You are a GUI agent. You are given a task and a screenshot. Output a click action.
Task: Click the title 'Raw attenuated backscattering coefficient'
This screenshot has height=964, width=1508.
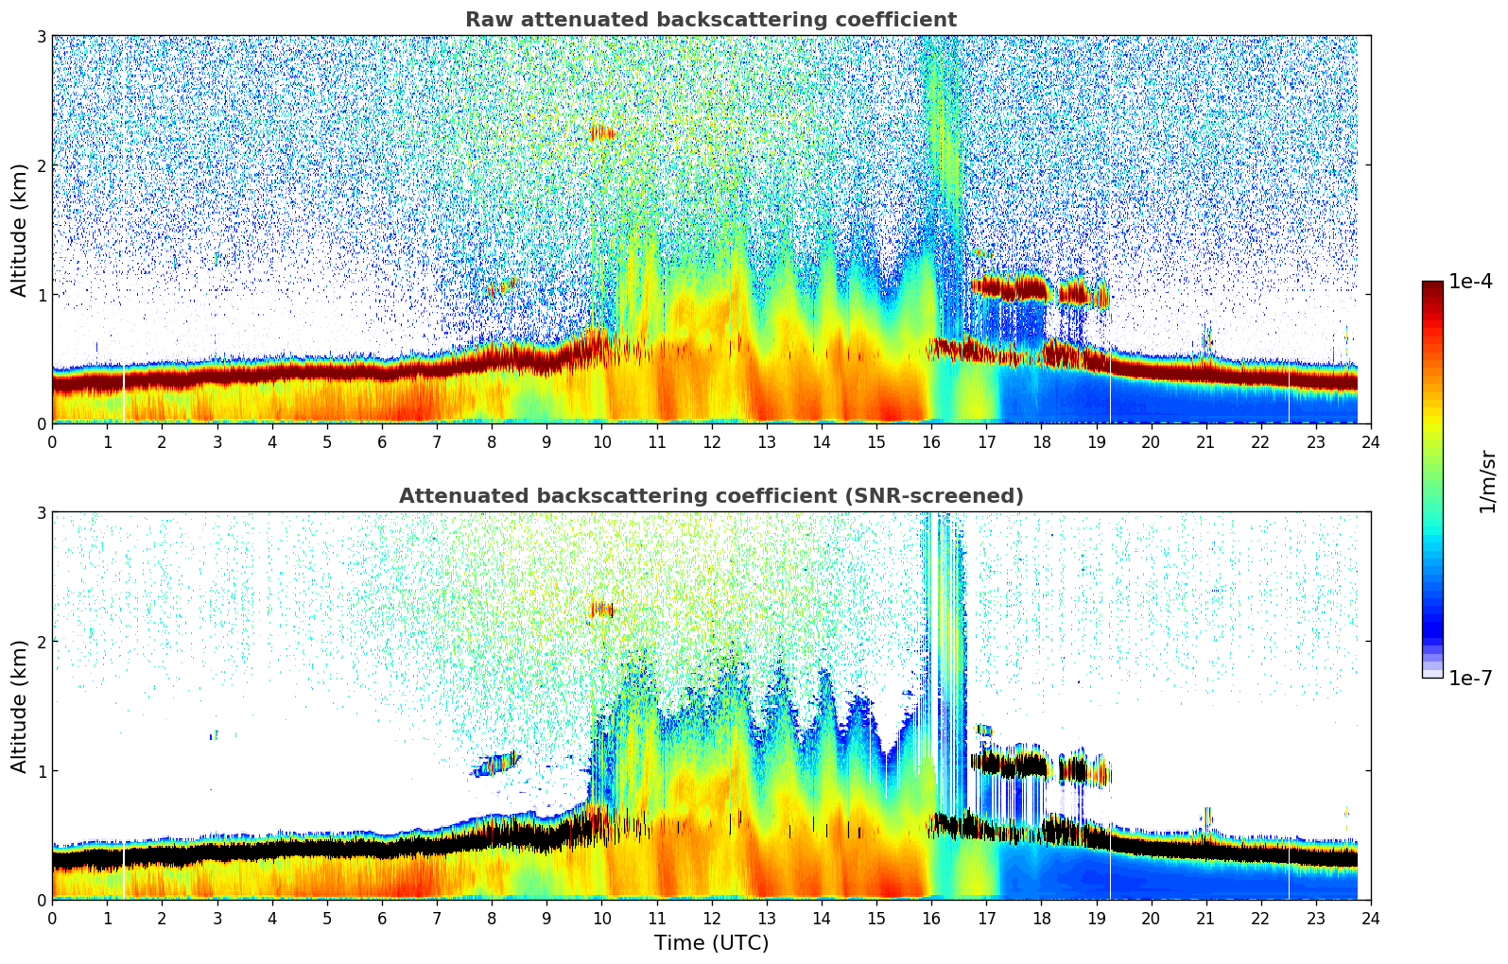point(710,20)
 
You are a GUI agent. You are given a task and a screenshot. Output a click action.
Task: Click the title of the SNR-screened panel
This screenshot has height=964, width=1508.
point(710,496)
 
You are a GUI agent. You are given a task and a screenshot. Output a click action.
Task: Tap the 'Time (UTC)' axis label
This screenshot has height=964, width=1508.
point(711,943)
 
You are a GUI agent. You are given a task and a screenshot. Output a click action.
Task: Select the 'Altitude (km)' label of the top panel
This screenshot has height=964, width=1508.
point(19,230)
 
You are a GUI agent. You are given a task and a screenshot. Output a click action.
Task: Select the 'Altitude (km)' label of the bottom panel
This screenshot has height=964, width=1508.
point(19,706)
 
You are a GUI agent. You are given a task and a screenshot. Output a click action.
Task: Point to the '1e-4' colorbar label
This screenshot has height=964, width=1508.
point(1470,282)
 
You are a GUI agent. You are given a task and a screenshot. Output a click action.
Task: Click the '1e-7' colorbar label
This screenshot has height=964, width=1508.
point(1470,678)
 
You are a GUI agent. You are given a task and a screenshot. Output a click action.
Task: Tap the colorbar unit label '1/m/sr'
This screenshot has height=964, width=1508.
point(1487,481)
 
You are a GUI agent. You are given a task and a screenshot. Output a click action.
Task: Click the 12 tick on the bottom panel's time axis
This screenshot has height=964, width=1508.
point(711,918)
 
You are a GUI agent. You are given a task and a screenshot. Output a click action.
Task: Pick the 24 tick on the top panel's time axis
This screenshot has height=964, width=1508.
point(1370,441)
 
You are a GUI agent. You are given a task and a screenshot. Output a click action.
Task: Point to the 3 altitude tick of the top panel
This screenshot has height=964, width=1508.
point(41,36)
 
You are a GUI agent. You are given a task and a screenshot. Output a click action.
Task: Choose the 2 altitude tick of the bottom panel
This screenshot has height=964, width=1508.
point(41,642)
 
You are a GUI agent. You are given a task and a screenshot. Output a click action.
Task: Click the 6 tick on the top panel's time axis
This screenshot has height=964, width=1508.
point(382,441)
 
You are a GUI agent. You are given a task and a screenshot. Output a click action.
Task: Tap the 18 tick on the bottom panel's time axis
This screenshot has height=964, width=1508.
point(1041,918)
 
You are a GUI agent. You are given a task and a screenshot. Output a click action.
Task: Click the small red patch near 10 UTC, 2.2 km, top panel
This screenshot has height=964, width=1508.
point(600,133)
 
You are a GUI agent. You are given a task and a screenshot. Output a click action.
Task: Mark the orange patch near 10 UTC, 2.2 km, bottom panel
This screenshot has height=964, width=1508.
point(600,610)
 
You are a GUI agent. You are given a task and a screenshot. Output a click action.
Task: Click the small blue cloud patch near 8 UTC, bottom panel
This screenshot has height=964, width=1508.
point(496,762)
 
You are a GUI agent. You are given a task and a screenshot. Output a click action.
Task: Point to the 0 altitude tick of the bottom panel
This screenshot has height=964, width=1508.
point(41,900)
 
